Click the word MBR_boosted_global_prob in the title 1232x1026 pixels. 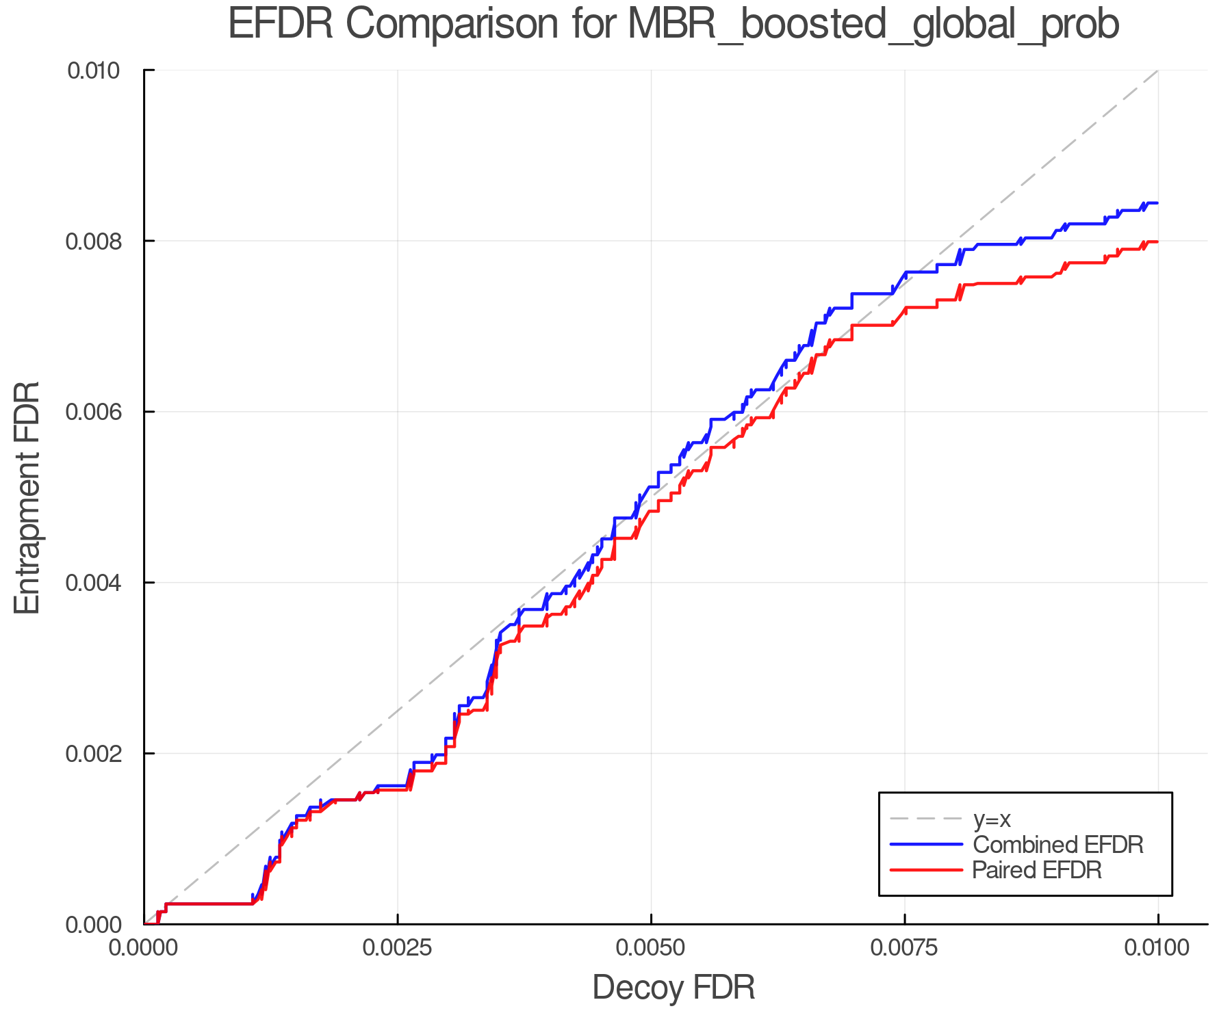(873, 25)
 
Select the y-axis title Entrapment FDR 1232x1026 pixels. (27, 497)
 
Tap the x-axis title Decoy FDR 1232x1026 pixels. (673, 987)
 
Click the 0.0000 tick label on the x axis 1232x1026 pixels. (144, 948)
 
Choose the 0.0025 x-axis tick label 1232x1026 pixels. (397, 948)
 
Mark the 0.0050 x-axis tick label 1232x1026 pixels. (651, 948)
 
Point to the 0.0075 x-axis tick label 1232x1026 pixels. (904, 948)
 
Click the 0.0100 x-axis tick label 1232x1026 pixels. (1157, 948)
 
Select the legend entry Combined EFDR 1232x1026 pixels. (1057, 845)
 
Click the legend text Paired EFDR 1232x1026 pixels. (1037, 870)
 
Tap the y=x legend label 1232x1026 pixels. (992, 819)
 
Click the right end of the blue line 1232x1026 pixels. (1157, 203)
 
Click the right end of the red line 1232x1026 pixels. (1157, 242)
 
